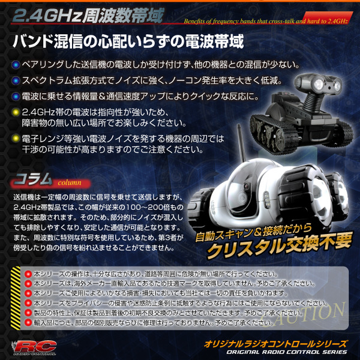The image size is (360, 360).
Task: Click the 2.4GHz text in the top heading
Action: click(47, 16)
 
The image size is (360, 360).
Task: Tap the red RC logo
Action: click(34, 347)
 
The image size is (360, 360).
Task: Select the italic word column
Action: click(70, 183)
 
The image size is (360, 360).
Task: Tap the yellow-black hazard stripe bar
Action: click(16, 298)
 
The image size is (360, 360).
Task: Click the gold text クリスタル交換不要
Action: click(280, 245)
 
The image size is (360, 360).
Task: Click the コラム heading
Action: click(33, 179)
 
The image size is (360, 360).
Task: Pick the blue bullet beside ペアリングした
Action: click(16, 65)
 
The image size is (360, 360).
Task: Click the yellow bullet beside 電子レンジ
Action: click(16, 139)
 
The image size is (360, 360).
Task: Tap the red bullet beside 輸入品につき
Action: click(28, 322)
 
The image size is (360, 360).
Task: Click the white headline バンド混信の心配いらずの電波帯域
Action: click(128, 42)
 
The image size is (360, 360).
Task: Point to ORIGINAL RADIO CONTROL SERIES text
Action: click(287, 352)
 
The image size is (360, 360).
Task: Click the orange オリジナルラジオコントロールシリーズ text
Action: click(275, 344)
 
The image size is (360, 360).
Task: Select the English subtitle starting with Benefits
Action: click(266, 22)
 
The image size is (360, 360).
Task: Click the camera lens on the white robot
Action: click(247, 186)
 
